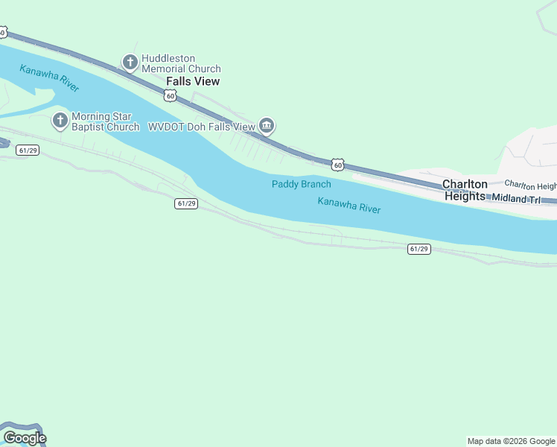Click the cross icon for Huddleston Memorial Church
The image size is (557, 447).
tap(130, 63)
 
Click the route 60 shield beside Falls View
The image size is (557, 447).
tap(171, 95)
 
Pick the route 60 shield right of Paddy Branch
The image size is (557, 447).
tap(337, 164)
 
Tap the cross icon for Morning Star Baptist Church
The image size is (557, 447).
tap(60, 119)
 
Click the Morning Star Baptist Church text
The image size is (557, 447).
tap(105, 121)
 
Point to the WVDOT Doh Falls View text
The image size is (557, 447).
tap(202, 127)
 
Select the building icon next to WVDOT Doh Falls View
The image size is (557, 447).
tap(267, 126)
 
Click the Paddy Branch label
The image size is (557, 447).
tap(301, 184)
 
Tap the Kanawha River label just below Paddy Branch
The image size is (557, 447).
tap(348, 205)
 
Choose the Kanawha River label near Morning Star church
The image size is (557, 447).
tap(50, 78)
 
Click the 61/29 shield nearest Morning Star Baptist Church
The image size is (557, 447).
tap(28, 150)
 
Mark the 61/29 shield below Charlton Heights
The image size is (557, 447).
tap(418, 249)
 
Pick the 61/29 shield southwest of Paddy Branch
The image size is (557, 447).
tap(186, 203)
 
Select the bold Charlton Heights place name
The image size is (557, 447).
tap(465, 190)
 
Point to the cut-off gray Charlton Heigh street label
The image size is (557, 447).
tap(530, 185)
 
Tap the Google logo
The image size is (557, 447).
tap(24, 438)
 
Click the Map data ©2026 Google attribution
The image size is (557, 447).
tap(511, 441)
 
